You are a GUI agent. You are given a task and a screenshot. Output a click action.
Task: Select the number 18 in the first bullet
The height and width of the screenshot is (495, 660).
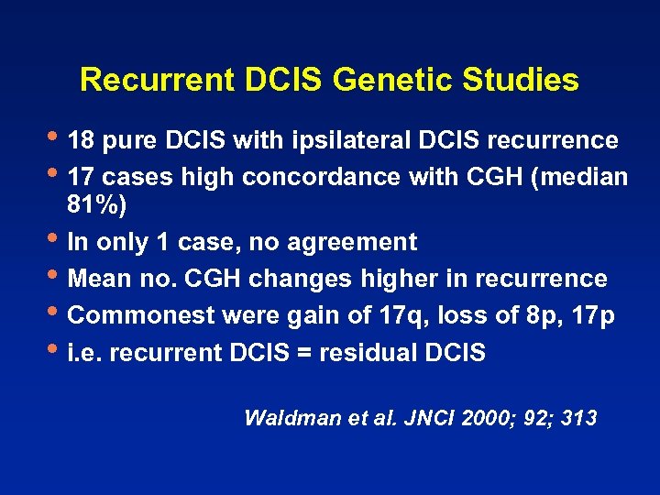(x=82, y=141)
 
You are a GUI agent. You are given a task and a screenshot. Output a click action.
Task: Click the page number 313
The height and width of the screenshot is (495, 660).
(x=577, y=418)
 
